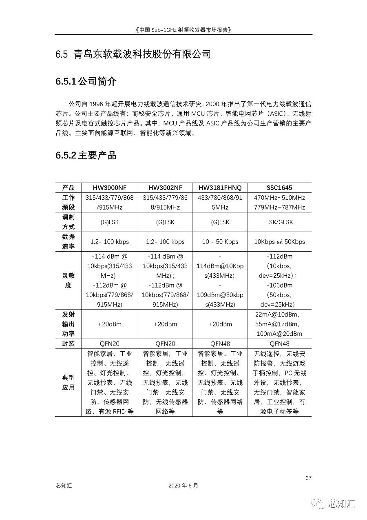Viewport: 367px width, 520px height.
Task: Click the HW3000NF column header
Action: pos(109,188)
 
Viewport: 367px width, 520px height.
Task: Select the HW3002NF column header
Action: pos(165,188)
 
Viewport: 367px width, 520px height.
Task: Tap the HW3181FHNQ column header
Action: pos(220,188)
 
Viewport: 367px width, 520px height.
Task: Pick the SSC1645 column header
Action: pos(279,188)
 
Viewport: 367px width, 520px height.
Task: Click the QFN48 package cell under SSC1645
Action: pos(279,344)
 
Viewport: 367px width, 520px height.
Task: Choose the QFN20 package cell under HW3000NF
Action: pos(109,344)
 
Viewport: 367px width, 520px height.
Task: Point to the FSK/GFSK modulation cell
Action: pos(279,222)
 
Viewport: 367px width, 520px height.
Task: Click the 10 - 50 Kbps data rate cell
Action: pos(220,242)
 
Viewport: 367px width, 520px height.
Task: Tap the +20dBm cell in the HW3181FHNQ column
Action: pos(220,324)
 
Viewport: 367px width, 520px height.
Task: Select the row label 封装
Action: pos(69,344)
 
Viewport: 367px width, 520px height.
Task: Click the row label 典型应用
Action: pos(69,383)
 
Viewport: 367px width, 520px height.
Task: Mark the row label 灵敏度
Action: pos(69,281)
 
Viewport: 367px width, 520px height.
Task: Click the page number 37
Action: pos(308,478)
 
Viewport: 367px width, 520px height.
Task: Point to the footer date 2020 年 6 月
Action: pos(183,486)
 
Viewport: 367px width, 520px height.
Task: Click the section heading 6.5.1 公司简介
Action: pos(86,82)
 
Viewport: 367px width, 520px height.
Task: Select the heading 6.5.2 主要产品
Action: pos(86,156)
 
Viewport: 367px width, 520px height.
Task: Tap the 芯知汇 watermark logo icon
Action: pos(319,504)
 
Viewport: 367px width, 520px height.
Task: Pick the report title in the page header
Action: pos(183,30)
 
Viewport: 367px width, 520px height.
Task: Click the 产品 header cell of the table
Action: pos(69,188)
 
